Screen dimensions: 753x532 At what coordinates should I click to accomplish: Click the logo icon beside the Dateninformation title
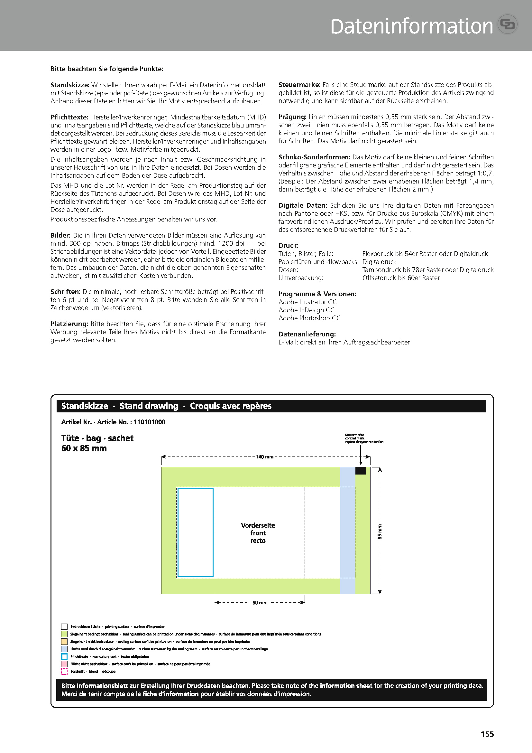(x=508, y=24)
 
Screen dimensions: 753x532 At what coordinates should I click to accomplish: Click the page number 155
(x=487, y=734)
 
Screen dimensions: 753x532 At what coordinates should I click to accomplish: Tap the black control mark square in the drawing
(x=360, y=471)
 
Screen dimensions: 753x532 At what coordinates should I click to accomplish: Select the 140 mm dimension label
(x=265, y=457)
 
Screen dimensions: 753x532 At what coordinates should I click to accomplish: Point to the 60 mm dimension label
(x=260, y=602)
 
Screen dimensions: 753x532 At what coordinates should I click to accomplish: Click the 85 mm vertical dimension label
(x=380, y=532)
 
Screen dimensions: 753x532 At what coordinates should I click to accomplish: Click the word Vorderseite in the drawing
(x=258, y=525)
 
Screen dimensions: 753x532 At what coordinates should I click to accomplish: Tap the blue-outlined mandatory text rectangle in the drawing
(x=196, y=532)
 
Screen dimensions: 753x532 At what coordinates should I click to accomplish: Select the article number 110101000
(x=149, y=422)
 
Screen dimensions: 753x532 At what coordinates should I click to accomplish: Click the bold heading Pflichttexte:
(x=69, y=117)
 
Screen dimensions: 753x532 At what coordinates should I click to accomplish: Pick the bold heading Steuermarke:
(x=299, y=85)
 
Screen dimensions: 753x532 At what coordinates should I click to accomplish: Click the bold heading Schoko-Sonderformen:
(x=314, y=157)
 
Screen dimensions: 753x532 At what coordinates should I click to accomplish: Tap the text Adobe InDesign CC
(x=306, y=310)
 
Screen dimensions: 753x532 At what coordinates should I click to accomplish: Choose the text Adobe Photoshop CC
(x=309, y=318)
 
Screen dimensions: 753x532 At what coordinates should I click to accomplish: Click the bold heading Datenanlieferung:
(x=307, y=334)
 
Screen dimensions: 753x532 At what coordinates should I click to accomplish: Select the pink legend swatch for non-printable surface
(x=64, y=664)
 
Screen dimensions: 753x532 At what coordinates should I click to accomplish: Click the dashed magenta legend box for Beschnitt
(x=64, y=671)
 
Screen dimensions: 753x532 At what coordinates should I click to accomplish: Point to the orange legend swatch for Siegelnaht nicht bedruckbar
(x=64, y=642)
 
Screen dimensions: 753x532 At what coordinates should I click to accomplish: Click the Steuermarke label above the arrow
(x=354, y=435)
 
